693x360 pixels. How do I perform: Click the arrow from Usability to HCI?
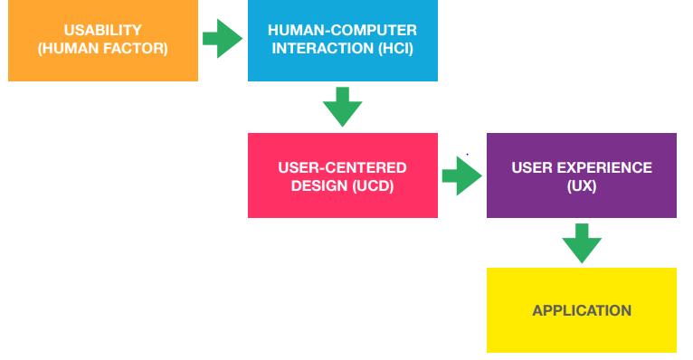222,39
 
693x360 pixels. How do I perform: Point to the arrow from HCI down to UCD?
342,107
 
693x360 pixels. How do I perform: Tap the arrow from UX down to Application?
582,242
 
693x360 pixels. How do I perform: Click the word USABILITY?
102,31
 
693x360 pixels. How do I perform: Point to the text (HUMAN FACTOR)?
102,48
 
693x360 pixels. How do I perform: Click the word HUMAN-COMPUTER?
342,31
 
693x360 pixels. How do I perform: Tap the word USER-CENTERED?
342,168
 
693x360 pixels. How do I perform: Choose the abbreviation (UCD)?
374,185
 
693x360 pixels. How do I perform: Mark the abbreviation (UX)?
581,185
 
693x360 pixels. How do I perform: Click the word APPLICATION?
581,310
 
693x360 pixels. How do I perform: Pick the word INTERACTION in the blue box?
321,48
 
